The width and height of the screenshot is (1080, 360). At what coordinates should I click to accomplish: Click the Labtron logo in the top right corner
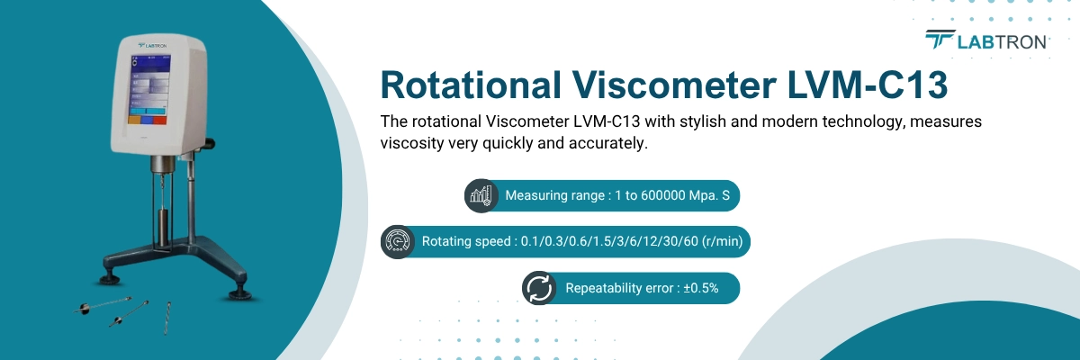pyautogui.click(x=985, y=40)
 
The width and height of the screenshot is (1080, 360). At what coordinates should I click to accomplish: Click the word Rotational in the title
pyautogui.click(x=471, y=85)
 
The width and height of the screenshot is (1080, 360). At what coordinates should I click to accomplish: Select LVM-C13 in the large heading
pyautogui.click(x=868, y=85)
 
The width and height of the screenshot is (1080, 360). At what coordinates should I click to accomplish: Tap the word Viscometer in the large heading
pyautogui.click(x=674, y=85)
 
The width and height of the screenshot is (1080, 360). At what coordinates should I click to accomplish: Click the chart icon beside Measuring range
pyautogui.click(x=481, y=195)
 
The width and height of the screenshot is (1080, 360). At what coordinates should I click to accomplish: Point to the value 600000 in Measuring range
pyautogui.click(x=661, y=195)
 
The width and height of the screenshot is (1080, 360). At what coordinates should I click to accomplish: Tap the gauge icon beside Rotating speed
pyautogui.click(x=397, y=241)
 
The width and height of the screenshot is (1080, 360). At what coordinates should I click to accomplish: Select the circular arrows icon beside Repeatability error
pyautogui.click(x=538, y=288)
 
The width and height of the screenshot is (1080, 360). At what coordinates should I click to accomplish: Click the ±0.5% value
pyautogui.click(x=700, y=288)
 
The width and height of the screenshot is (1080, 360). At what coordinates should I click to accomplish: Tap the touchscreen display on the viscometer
pyautogui.click(x=149, y=90)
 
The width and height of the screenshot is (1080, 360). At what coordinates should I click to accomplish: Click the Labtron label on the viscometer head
pyautogui.click(x=152, y=45)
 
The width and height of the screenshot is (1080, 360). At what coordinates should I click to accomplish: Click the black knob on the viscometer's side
pyautogui.click(x=210, y=143)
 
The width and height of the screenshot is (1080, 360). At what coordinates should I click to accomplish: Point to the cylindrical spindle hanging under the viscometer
pyautogui.click(x=164, y=225)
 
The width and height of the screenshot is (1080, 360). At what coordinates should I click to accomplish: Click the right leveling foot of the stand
pyautogui.click(x=239, y=293)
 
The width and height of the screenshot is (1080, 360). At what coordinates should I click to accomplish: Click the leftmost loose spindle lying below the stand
pyautogui.click(x=103, y=305)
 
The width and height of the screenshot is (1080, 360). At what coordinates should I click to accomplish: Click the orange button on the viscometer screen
pyautogui.click(x=134, y=119)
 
